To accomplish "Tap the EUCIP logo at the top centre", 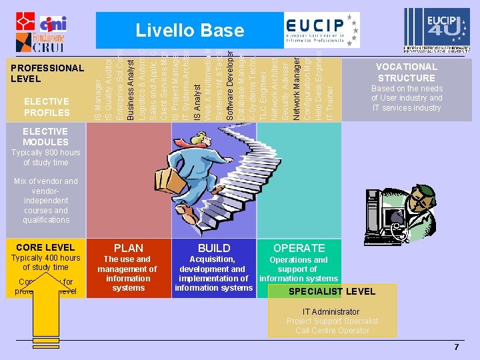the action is click(320, 29).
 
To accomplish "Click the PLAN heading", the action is click(129, 248).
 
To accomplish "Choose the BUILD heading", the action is click(214, 248).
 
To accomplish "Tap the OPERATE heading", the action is click(298, 248).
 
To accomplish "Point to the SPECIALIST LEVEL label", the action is click(332, 291).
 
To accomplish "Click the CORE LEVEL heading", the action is click(45, 247).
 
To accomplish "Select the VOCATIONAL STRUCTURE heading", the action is click(406, 72).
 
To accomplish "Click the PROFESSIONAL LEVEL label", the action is click(47, 73).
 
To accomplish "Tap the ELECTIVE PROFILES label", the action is click(47, 107).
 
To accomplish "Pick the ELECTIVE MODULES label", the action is click(45, 137).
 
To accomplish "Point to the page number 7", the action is click(457, 347).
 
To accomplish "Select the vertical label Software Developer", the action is click(230, 86).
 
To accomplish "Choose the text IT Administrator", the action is click(331, 311).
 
